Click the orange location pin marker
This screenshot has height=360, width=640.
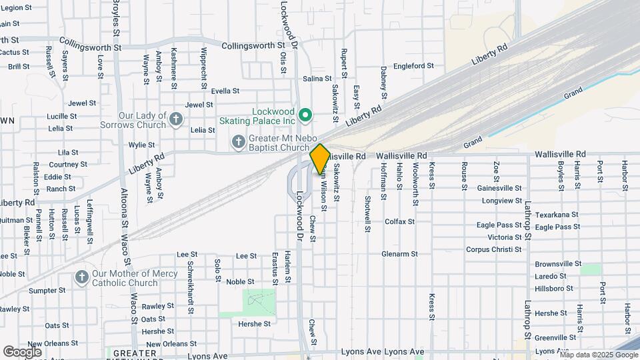tap(320, 159)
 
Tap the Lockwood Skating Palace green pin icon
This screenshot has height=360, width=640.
tap(305, 116)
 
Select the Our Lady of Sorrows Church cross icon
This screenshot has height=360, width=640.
tap(176, 119)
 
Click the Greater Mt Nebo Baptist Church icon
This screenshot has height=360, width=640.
tap(238, 141)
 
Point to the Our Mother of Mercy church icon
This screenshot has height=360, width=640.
tap(81, 277)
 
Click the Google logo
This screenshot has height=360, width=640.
tap(22, 351)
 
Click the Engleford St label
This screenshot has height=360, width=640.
tap(413, 66)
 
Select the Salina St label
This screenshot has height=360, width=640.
tap(317, 79)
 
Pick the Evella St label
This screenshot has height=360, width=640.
tap(225, 91)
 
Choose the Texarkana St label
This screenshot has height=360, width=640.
tap(557, 215)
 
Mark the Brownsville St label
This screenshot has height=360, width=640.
tap(559, 263)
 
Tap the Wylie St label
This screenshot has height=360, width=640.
tap(141, 145)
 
